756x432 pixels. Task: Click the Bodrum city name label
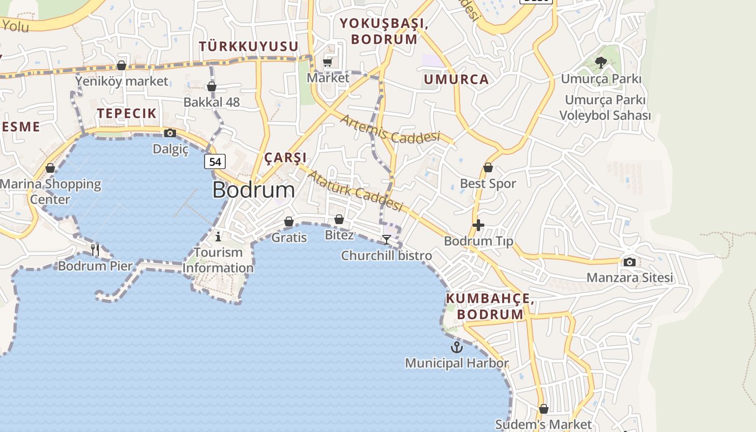[253, 190]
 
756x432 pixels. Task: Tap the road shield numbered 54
[215, 161]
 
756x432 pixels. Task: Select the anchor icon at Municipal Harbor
[457, 347]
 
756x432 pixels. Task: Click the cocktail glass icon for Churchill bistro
[386, 239]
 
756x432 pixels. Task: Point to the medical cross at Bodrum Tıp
[478, 225]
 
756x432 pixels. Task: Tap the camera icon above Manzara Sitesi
[629, 262]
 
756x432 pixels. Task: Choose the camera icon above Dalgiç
[170, 133]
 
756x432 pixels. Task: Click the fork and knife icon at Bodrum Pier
[95, 249]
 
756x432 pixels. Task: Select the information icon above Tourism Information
[218, 237]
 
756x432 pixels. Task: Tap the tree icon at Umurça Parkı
[600, 63]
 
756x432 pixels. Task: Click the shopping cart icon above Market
[328, 63]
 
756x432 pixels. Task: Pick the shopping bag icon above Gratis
[289, 221]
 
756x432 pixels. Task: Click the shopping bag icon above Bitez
[339, 219]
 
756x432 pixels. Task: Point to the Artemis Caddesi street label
[390, 130]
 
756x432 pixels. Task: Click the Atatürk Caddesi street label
[355, 191]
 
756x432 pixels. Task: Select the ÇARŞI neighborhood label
[285, 158]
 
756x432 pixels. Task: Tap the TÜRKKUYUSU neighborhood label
[248, 46]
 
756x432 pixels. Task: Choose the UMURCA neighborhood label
[456, 79]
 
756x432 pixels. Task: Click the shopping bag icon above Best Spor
[488, 168]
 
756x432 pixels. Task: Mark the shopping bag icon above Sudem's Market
[544, 409]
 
